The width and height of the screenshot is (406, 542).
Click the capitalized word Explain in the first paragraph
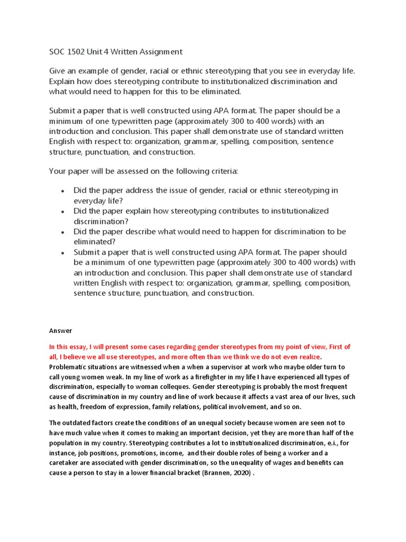pyautogui.click(x=63, y=81)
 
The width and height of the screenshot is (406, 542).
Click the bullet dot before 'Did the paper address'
pyautogui.click(x=63, y=191)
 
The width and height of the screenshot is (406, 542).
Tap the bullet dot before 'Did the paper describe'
pyautogui.click(x=63, y=232)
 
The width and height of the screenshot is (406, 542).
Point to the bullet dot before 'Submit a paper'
pyautogui.click(x=63, y=252)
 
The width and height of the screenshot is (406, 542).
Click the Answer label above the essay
pyautogui.click(x=60, y=330)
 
